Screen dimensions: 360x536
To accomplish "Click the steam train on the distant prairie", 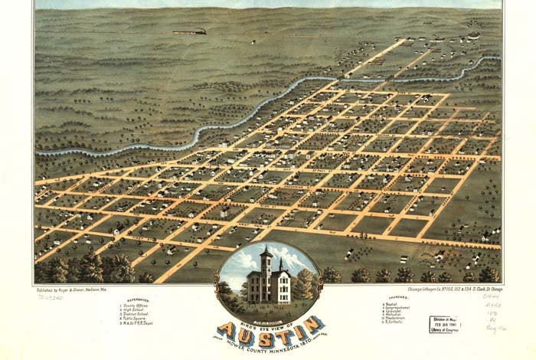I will pos(190,31).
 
